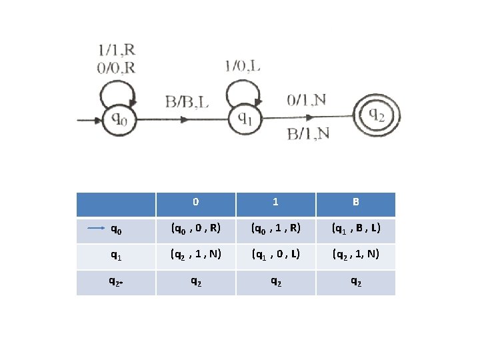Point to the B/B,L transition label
(x=187, y=102)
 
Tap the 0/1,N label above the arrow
(x=306, y=100)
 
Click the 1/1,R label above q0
(x=117, y=49)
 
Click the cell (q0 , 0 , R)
(x=195, y=230)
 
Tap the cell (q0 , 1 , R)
(x=275, y=230)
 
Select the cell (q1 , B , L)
(x=355, y=230)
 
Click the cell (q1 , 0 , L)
(x=275, y=255)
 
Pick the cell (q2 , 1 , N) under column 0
(x=195, y=255)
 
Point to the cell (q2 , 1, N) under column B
(x=355, y=255)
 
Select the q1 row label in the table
(x=116, y=255)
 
